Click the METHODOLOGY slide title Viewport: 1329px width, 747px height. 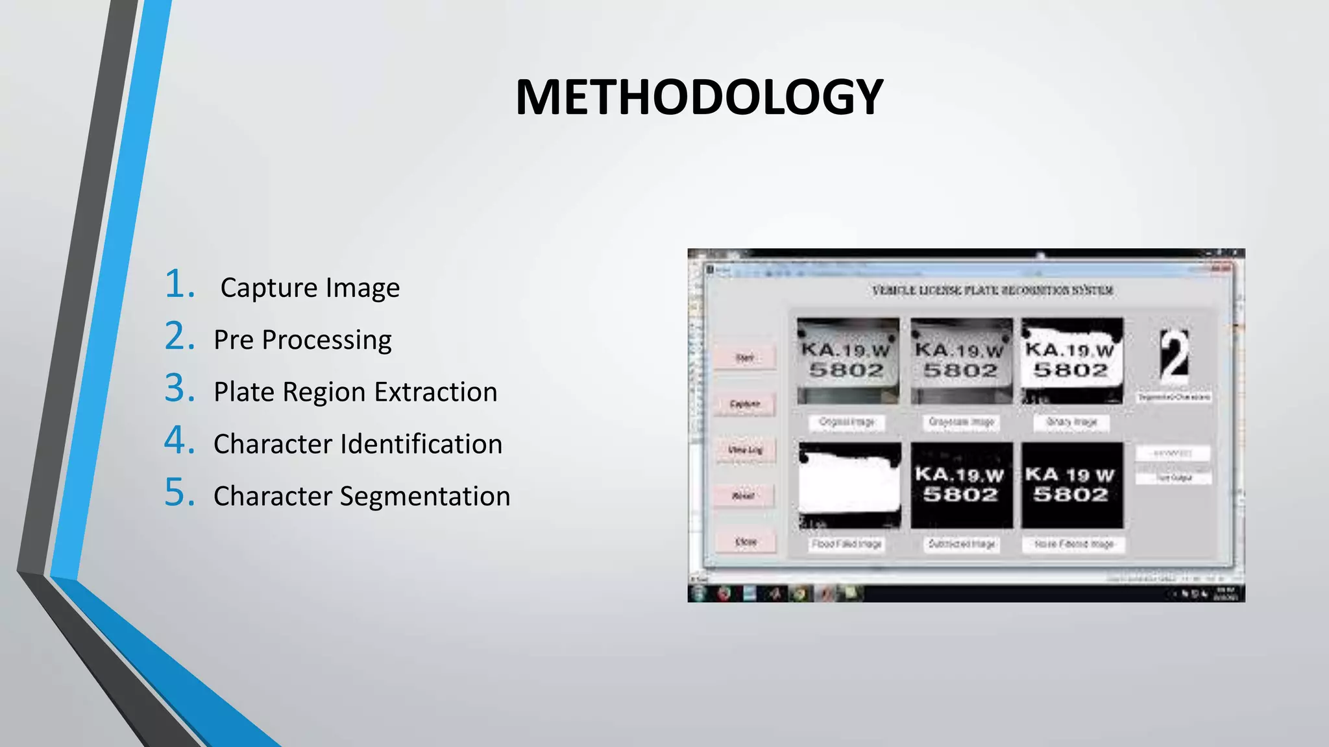coord(699,97)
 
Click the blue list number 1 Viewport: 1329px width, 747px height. coord(179,285)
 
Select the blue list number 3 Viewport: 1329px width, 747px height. coord(179,388)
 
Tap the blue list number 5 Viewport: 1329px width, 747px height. coord(179,492)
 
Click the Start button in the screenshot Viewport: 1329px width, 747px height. coord(745,358)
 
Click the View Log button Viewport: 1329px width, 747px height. coord(745,450)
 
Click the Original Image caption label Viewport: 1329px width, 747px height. coord(847,422)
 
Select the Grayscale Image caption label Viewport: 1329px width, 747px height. coord(961,422)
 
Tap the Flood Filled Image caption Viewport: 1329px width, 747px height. coord(847,544)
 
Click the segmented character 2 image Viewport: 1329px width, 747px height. coord(1175,355)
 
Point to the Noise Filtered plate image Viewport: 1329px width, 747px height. coord(1072,485)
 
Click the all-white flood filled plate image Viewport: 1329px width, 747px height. coord(849,485)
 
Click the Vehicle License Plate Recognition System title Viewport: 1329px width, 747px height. coord(993,290)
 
